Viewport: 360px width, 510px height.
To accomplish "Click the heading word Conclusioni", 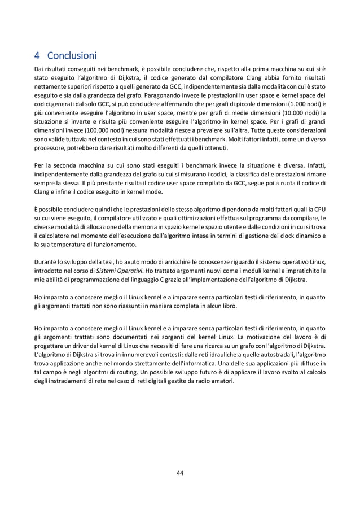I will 72,56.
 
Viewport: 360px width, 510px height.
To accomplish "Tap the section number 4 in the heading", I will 37,56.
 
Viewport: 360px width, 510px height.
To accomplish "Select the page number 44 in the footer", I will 179,473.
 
